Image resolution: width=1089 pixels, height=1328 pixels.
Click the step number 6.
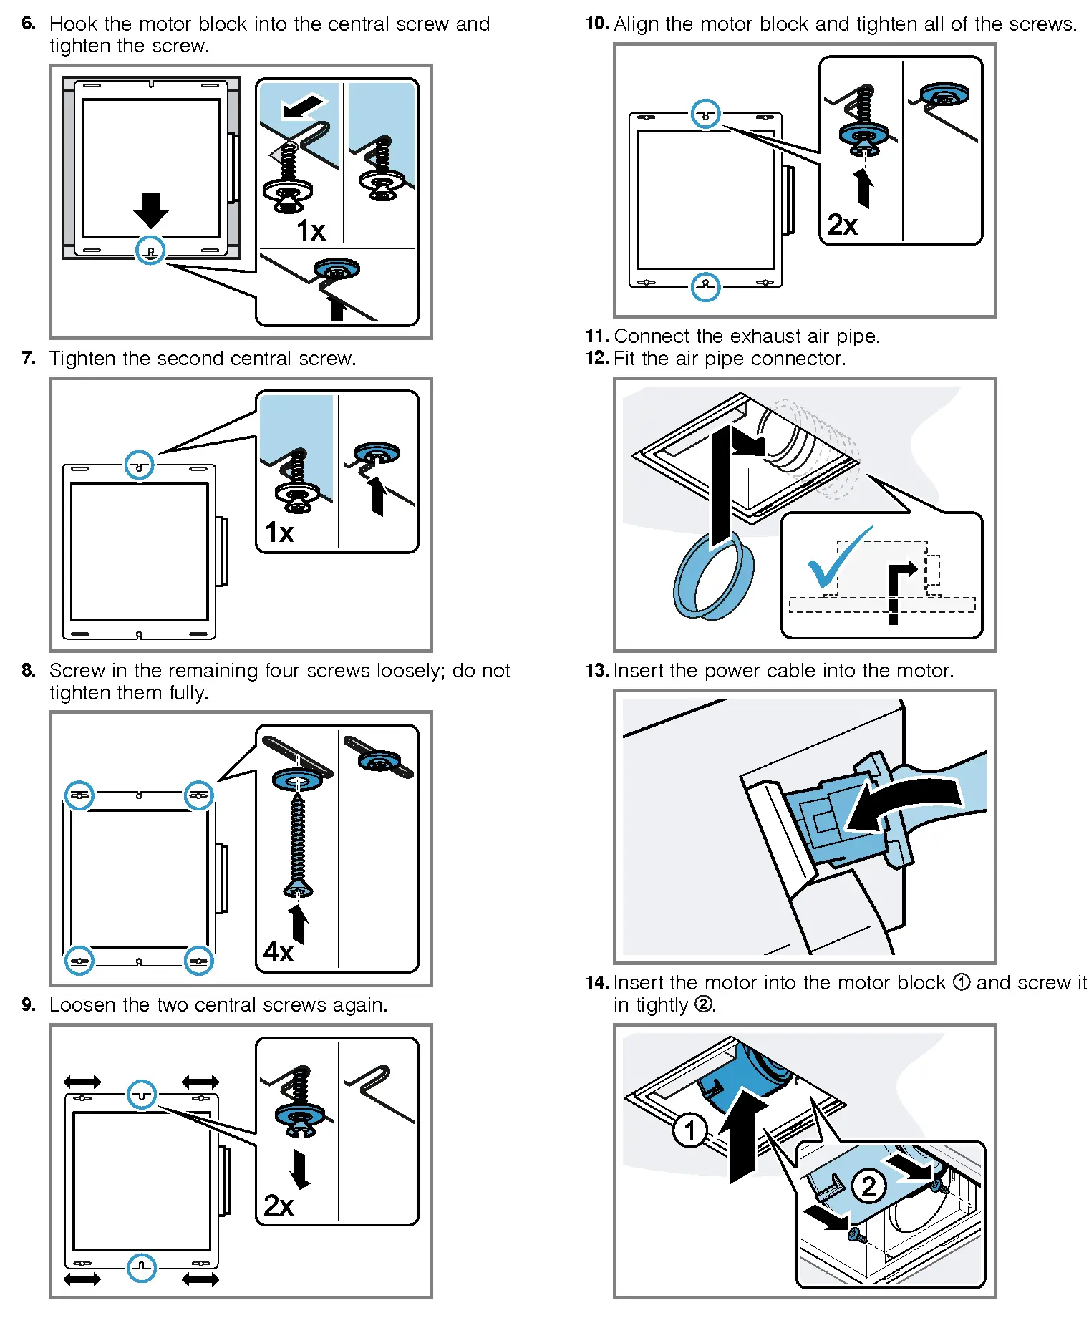click(x=28, y=24)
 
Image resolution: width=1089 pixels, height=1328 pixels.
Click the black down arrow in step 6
click(x=150, y=210)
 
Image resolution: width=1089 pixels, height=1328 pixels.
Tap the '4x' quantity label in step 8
click(x=279, y=951)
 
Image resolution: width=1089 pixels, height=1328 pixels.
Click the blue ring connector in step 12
click(x=712, y=576)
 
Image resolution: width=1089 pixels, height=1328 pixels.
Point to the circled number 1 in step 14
click(x=690, y=1130)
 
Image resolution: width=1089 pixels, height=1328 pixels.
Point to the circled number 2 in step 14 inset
click(x=868, y=1186)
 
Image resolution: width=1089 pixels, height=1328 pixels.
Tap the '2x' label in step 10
click(x=843, y=225)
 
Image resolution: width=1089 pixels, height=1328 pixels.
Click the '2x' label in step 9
click(x=279, y=1206)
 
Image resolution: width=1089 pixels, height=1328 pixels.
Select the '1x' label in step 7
click(x=279, y=533)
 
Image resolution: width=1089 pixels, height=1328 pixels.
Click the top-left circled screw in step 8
click(x=79, y=795)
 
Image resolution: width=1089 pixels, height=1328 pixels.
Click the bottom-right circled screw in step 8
click(x=198, y=961)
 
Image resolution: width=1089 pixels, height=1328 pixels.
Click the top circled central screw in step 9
click(x=142, y=1095)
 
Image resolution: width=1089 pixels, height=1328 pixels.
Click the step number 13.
click(x=596, y=671)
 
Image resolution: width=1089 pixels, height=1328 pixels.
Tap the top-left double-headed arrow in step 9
click(x=82, y=1082)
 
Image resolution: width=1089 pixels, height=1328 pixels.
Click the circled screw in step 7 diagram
click(x=140, y=465)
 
